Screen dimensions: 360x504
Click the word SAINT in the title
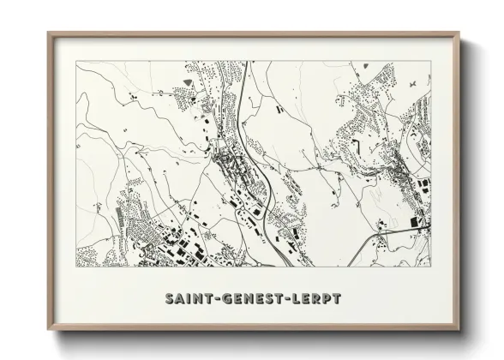(187, 299)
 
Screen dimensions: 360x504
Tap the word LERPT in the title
(319, 299)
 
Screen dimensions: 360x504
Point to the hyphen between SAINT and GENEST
(214, 299)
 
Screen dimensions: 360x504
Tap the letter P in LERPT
(327, 299)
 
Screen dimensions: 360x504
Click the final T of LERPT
(338, 299)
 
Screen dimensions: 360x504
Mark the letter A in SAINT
(178, 299)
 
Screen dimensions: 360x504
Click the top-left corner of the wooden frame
(48, 33)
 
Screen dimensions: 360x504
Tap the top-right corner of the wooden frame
(459, 33)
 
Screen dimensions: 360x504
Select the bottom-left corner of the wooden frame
(48, 330)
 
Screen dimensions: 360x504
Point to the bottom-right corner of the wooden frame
(459, 330)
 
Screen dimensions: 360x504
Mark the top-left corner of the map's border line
(76, 61)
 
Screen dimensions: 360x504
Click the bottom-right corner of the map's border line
(430, 267)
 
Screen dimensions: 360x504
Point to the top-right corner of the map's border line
(430, 61)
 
